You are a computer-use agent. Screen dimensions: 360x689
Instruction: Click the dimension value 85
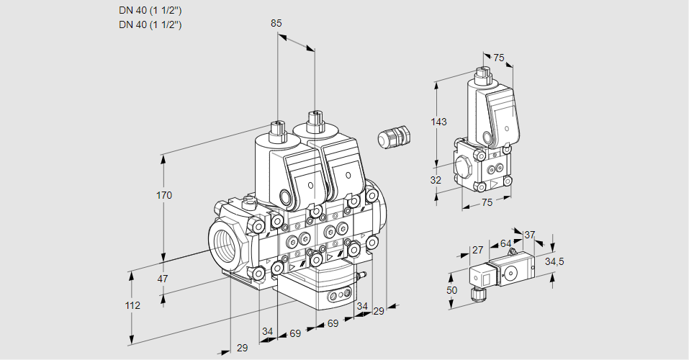pyautogui.click(x=276, y=23)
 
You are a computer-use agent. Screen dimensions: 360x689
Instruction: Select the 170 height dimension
pyautogui.click(x=165, y=195)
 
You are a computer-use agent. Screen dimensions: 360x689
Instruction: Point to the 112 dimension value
pyautogui.click(x=132, y=305)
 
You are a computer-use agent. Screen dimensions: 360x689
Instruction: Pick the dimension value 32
pyautogui.click(x=436, y=180)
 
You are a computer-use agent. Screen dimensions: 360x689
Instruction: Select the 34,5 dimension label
pyautogui.click(x=554, y=261)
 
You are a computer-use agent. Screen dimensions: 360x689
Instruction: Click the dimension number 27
pyautogui.click(x=477, y=250)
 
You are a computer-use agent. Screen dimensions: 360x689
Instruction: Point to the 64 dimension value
pyautogui.click(x=505, y=244)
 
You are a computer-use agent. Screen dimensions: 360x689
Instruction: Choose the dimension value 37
pyautogui.click(x=530, y=235)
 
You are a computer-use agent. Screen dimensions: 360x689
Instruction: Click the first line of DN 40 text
pyautogui.click(x=150, y=10)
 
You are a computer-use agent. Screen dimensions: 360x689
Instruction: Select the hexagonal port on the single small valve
pyautogui.click(x=464, y=169)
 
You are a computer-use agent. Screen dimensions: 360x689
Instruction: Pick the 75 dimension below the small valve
pyautogui.click(x=487, y=203)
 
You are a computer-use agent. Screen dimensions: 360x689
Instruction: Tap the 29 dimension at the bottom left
pyautogui.click(x=242, y=348)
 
